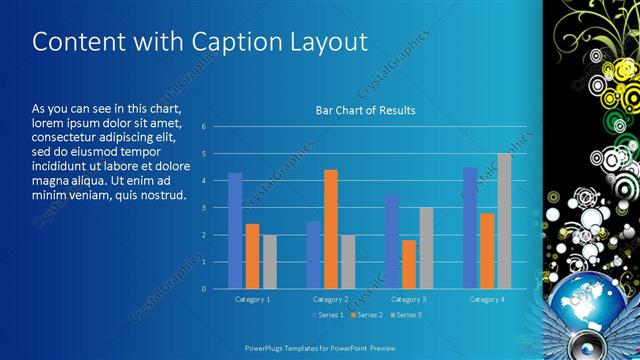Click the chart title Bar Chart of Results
[x=365, y=110]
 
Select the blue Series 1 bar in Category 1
[x=235, y=231]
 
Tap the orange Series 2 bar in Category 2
[x=331, y=229]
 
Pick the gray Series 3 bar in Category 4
[x=504, y=221]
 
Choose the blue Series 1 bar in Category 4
[x=470, y=228]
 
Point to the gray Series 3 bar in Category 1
[x=269, y=262]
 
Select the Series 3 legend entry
[x=406, y=316]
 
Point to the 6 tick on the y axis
[x=203, y=127]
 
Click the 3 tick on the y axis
[x=203, y=208]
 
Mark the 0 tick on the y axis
[x=203, y=289]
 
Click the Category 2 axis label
[x=330, y=299]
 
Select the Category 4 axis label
[x=487, y=299]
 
